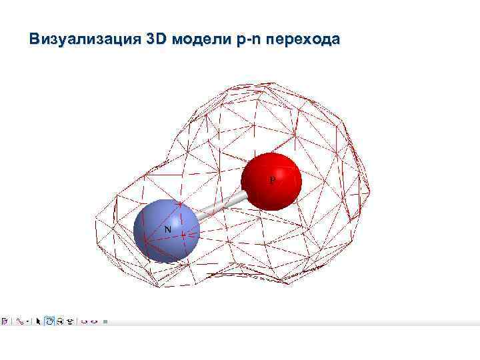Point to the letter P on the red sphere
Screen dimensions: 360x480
click(272, 180)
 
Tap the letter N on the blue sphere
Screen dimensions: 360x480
click(168, 229)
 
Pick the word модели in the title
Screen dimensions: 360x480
click(201, 39)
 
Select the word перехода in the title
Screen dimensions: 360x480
click(303, 39)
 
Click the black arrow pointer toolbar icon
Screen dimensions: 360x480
click(39, 321)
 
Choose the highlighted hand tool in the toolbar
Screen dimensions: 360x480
click(49, 321)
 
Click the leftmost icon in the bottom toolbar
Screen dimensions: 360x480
click(5, 321)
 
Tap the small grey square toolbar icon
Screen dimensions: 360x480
click(105, 321)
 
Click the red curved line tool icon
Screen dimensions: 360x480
click(20, 321)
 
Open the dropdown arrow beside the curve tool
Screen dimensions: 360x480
click(28, 321)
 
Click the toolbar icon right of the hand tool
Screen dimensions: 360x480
click(59, 321)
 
